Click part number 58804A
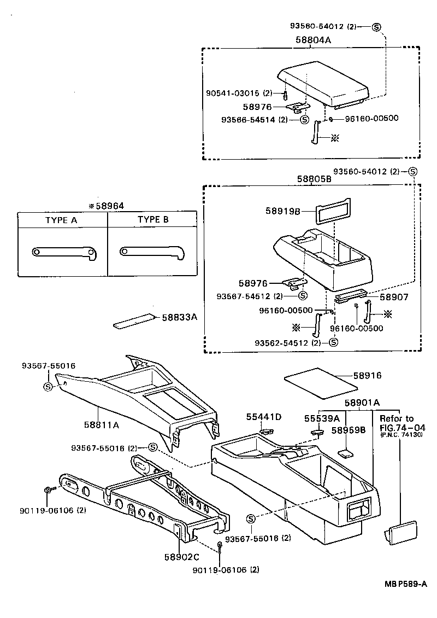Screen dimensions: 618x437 314,40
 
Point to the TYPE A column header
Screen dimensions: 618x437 62,220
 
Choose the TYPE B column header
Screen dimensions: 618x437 153,220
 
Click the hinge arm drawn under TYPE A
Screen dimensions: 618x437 64,252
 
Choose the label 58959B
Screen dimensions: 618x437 349,430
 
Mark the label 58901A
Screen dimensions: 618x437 361,404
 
